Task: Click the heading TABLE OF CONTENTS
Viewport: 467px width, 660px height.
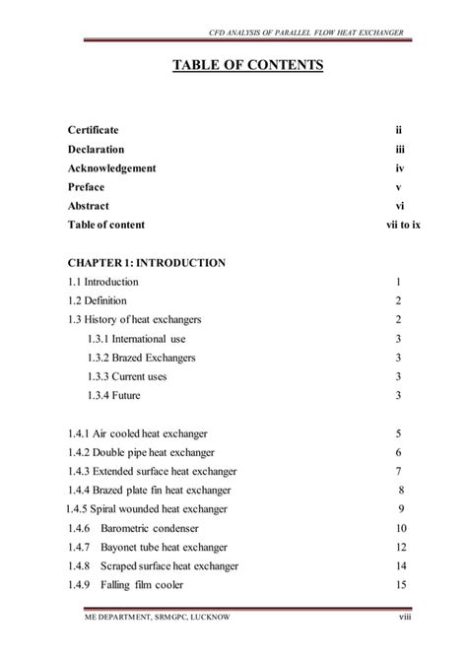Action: [x=233, y=67]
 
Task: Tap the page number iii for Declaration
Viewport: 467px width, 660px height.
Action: [x=399, y=150]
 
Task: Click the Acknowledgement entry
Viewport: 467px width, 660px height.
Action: [x=111, y=168]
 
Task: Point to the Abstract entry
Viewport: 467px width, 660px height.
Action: [x=89, y=206]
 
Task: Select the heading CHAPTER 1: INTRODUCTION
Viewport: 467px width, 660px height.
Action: [x=147, y=263]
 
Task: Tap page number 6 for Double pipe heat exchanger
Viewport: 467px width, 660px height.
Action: [x=398, y=452]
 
